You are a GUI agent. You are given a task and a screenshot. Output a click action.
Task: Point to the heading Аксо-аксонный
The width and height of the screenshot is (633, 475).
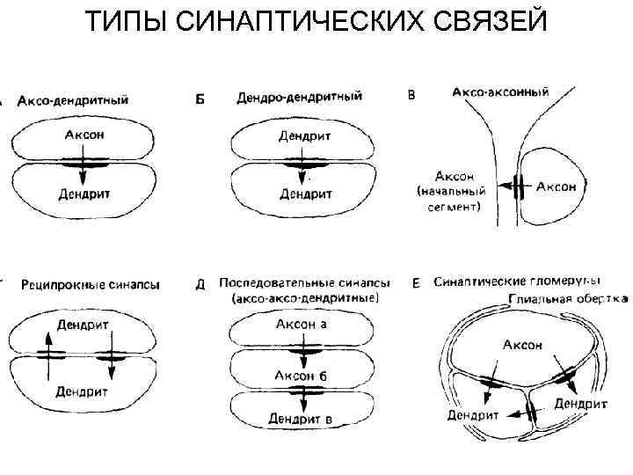(x=500, y=91)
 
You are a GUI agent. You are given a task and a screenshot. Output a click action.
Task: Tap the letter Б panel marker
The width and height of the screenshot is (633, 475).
(x=200, y=99)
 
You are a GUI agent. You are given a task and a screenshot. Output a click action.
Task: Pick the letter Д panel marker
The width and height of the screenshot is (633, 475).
(x=200, y=284)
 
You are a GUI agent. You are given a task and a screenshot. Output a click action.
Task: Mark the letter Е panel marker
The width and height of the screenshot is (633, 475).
(x=416, y=283)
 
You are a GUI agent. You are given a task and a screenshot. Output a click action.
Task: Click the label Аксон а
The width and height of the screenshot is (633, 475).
(x=302, y=325)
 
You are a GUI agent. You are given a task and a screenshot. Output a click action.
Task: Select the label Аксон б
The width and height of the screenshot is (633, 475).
(x=302, y=376)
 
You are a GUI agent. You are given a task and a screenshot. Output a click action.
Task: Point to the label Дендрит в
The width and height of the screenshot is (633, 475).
(x=301, y=419)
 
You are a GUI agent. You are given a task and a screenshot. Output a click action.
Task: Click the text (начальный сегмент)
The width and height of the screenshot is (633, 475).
(x=447, y=201)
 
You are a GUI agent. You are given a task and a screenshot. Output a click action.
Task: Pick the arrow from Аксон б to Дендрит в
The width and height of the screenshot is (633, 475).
(x=302, y=396)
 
